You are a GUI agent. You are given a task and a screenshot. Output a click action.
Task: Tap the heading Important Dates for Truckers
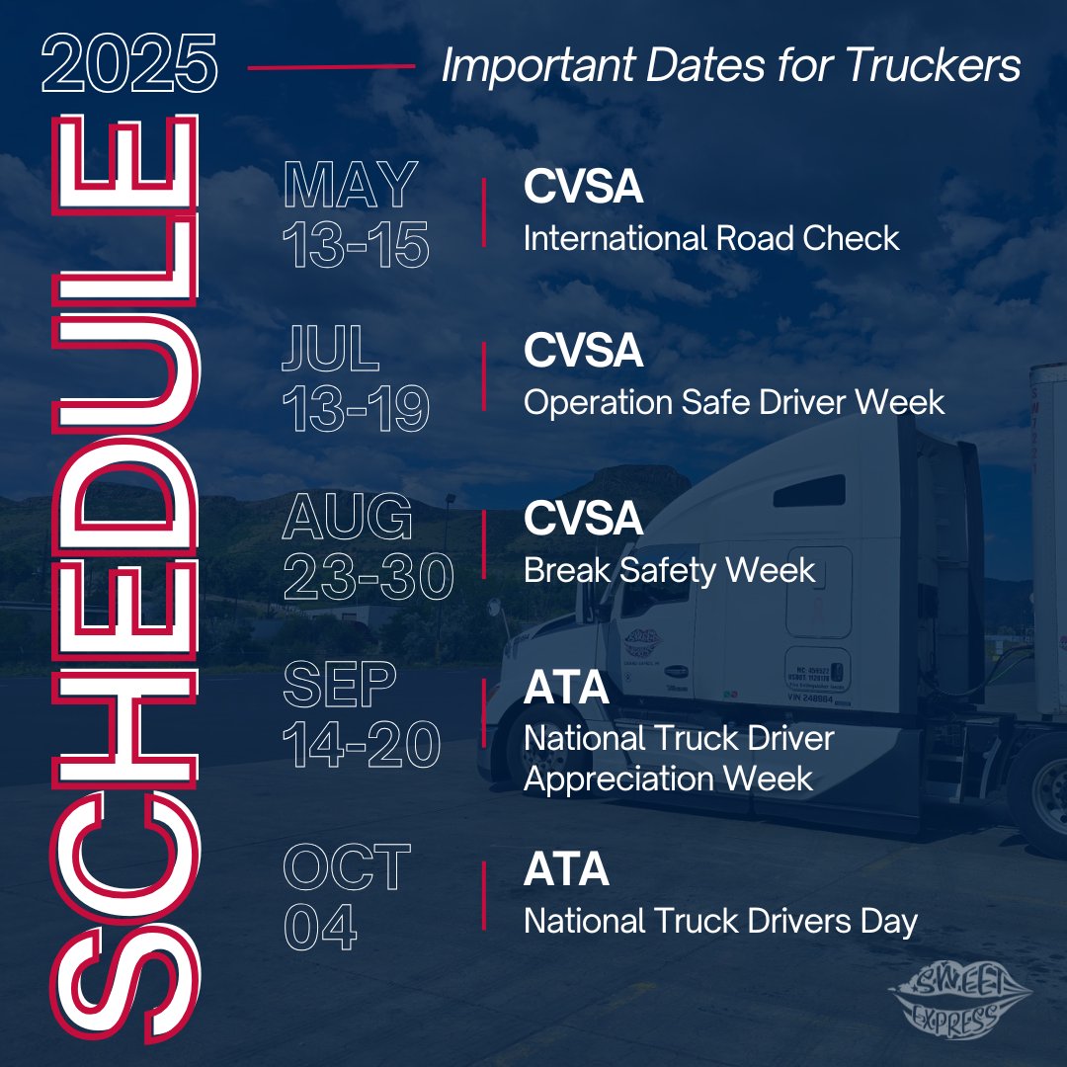pos(731,66)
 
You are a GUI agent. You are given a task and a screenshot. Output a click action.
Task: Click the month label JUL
pos(330,350)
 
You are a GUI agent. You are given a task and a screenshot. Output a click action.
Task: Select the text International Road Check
pos(711,238)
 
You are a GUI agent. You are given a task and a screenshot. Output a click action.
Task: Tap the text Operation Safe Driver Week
pos(734,402)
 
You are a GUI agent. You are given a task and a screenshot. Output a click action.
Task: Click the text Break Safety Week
pos(669,570)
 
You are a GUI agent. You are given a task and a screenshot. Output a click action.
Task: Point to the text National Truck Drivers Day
pos(720,922)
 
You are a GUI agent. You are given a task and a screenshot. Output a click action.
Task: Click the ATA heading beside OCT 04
pos(566,870)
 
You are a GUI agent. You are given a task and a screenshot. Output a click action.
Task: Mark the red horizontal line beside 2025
pos(330,67)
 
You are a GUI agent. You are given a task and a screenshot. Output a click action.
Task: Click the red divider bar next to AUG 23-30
pos(483,544)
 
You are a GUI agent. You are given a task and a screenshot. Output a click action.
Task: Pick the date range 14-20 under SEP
pos(361,745)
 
